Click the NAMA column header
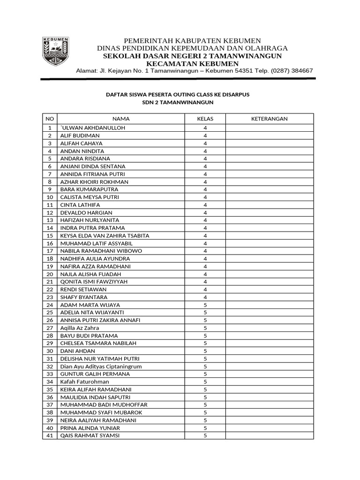click(x=121, y=119)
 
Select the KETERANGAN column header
click(x=270, y=119)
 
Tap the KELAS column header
click(x=205, y=119)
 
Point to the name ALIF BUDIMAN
click(x=80, y=135)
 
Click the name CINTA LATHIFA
click(x=80, y=205)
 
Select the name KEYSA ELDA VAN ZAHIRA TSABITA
click(x=105, y=236)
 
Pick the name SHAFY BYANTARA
click(x=83, y=297)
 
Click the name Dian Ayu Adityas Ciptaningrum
click(x=101, y=367)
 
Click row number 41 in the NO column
click(x=49, y=435)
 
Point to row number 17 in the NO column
click(x=49, y=251)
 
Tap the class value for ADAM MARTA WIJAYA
click(x=205, y=305)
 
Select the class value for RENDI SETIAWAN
click(x=205, y=290)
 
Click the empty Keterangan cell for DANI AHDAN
click(x=270, y=351)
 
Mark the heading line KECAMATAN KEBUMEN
click(x=193, y=64)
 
